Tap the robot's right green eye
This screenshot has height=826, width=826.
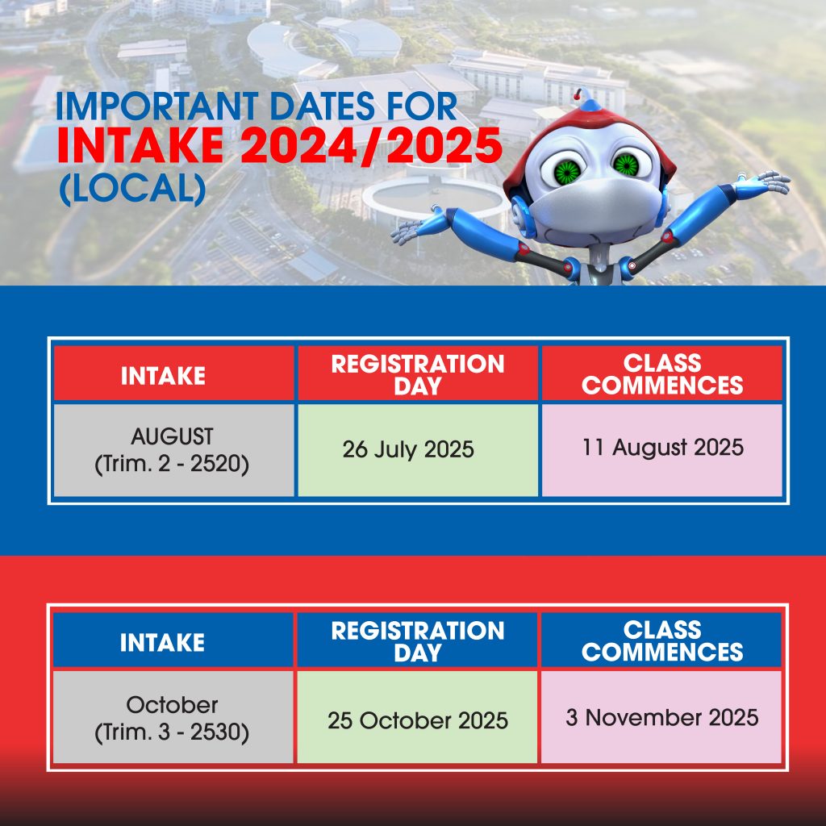(626, 165)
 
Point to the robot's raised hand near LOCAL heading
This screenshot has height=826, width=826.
(417, 227)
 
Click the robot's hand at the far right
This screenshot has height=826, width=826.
(764, 182)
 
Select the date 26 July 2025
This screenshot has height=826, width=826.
(408, 449)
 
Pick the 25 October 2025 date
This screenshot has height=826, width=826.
(418, 720)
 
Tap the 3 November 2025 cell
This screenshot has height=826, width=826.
(662, 717)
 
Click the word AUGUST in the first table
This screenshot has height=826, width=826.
(173, 436)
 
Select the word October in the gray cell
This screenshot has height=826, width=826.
(173, 705)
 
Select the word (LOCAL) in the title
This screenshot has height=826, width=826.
(132, 189)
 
